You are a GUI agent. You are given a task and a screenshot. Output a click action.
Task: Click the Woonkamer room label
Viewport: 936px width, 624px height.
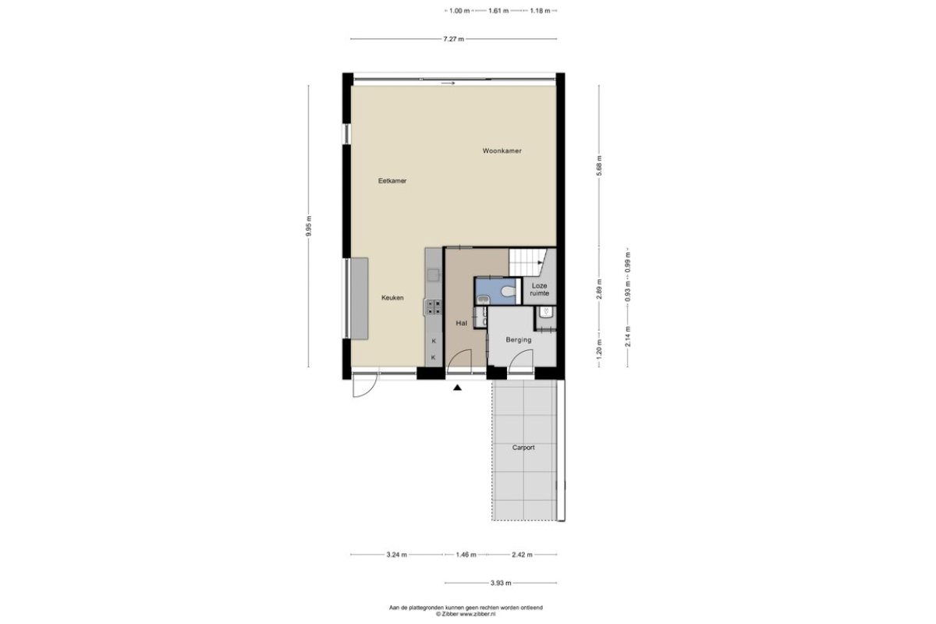502,151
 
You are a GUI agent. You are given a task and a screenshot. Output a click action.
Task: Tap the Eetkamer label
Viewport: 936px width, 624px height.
392,181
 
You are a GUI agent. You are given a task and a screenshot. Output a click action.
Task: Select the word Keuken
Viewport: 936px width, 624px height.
392,298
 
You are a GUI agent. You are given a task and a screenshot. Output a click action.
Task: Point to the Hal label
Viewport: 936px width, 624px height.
461,323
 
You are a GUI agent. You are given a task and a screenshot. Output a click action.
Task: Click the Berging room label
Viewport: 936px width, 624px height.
519,340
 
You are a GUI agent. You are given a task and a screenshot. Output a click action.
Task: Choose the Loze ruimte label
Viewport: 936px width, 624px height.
539,289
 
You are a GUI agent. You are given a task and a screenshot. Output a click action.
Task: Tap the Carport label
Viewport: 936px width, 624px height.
523,448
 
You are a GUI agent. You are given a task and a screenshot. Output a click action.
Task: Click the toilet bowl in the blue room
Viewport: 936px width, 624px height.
508,291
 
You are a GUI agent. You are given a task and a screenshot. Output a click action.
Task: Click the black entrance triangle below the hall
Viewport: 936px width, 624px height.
458,388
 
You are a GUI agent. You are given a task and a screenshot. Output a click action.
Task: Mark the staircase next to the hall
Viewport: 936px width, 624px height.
528,263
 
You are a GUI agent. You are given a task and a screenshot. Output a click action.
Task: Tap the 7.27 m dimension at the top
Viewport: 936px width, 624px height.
453,39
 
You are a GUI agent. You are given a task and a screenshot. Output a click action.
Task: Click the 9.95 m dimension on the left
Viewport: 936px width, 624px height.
309,226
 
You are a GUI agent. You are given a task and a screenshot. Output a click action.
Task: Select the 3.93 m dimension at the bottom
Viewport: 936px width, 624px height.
501,583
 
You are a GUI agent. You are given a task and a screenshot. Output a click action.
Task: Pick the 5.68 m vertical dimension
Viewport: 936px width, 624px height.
599,166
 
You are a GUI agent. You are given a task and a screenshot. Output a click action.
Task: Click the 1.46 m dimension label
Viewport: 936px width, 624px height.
466,555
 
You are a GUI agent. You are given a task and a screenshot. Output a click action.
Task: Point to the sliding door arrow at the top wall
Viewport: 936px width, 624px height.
448,83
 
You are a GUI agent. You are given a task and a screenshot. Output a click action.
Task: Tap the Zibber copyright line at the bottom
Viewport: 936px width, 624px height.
466,614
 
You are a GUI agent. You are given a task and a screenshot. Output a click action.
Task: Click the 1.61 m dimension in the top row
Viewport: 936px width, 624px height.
498,11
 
